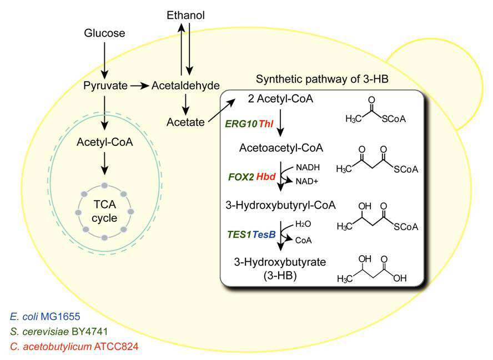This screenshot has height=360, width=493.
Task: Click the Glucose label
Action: click(x=104, y=33)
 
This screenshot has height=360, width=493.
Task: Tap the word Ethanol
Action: click(x=185, y=15)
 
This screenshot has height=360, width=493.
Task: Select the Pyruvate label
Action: click(x=105, y=86)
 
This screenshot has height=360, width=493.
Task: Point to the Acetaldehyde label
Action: click(x=185, y=85)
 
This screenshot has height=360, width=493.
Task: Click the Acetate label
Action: click(x=185, y=122)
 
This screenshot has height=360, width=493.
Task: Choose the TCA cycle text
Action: click(x=104, y=211)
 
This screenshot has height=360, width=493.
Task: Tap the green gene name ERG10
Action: click(x=241, y=124)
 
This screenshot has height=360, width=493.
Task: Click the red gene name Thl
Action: click(x=266, y=124)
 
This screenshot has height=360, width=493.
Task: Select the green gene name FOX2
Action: click(x=241, y=177)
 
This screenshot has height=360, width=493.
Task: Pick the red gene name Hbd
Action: click(x=266, y=176)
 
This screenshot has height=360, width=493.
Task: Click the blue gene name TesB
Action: click(x=264, y=234)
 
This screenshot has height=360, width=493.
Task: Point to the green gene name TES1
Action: click(x=240, y=234)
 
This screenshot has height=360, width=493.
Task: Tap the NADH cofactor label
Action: click(x=308, y=168)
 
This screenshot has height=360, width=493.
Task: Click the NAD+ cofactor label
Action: click(x=307, y=181)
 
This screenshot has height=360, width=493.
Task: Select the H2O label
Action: click(x=303, y=224)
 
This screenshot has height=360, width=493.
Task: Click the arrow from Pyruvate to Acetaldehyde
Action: click(x=139, y=85)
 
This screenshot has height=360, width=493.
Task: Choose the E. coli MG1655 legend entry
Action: click(x=45, y=316)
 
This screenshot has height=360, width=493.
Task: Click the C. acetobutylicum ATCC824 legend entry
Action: click(x=74, y=347)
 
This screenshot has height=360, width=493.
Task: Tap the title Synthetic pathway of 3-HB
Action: click(x=322, y=79)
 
